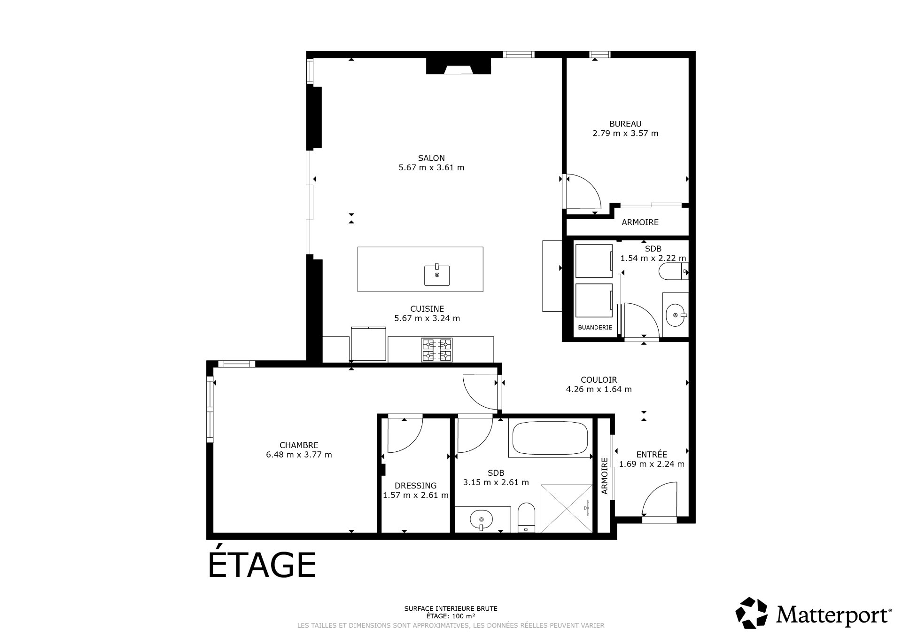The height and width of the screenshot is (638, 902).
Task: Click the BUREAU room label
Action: pyautogui.click(x=625, y=124)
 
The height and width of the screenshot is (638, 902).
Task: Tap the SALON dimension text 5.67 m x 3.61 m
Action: pyautogui.click(x=431, y=168)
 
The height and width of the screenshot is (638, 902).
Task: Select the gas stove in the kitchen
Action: pyautogui.click(x=437, y=350)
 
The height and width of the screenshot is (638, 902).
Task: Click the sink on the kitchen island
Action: pyautogui.click(x=437, y=275)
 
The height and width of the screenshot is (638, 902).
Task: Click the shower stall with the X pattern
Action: pyautogui.click(x=567, y=508)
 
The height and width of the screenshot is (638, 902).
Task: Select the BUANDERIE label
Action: pyautogui.click(x=595, y=327)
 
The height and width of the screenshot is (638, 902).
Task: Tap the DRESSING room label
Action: pyautogui.click(x=415, y=486)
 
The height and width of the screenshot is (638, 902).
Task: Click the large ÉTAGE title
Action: pyautogui.click(x=262, y=565)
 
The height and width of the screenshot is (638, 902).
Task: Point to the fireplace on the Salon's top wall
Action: pyautogui.click(x=458, y=66)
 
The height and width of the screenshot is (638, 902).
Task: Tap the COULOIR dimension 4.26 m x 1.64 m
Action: pyautogui.click(x=599, y=389)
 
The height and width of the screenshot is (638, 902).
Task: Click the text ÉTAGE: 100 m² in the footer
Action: pyautogui.click(x=450, y=616)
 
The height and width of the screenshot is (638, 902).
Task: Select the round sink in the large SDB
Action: pyautogui.click(x=482, y=520)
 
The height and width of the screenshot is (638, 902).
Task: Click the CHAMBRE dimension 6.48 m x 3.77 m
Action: pyautogui.click(x=299, y=455)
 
